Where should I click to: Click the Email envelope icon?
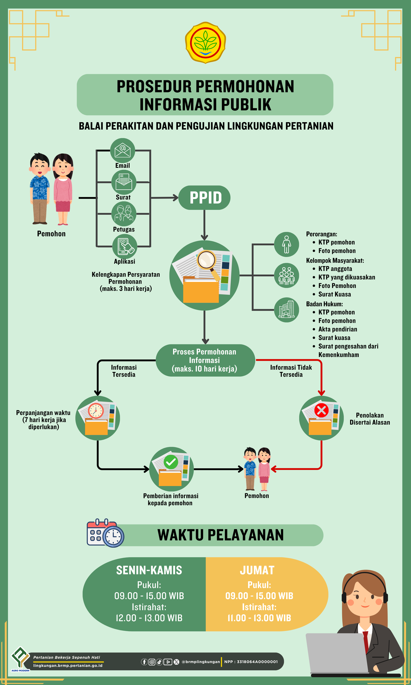pyautogui.click(x=123, y=150)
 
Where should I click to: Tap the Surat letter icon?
pyautogui.click(x=124, y=182)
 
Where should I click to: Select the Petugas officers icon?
pyautogui.click(x=124, y=214)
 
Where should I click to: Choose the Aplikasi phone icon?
pyautogui.click(x=125, y=246)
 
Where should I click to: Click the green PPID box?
pyautogui.click(x=204, y=198)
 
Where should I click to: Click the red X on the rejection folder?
pyautogui.click(x=321, y=410)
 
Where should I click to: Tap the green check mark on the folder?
pyautogui.click(x=171, y=462)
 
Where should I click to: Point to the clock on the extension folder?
pyautogui.click(x=96, y=411)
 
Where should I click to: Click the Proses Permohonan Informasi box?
pyautogui.click(x=205, y=360)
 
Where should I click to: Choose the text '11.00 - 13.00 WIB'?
pyautogui.click(x=259, y=618)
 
